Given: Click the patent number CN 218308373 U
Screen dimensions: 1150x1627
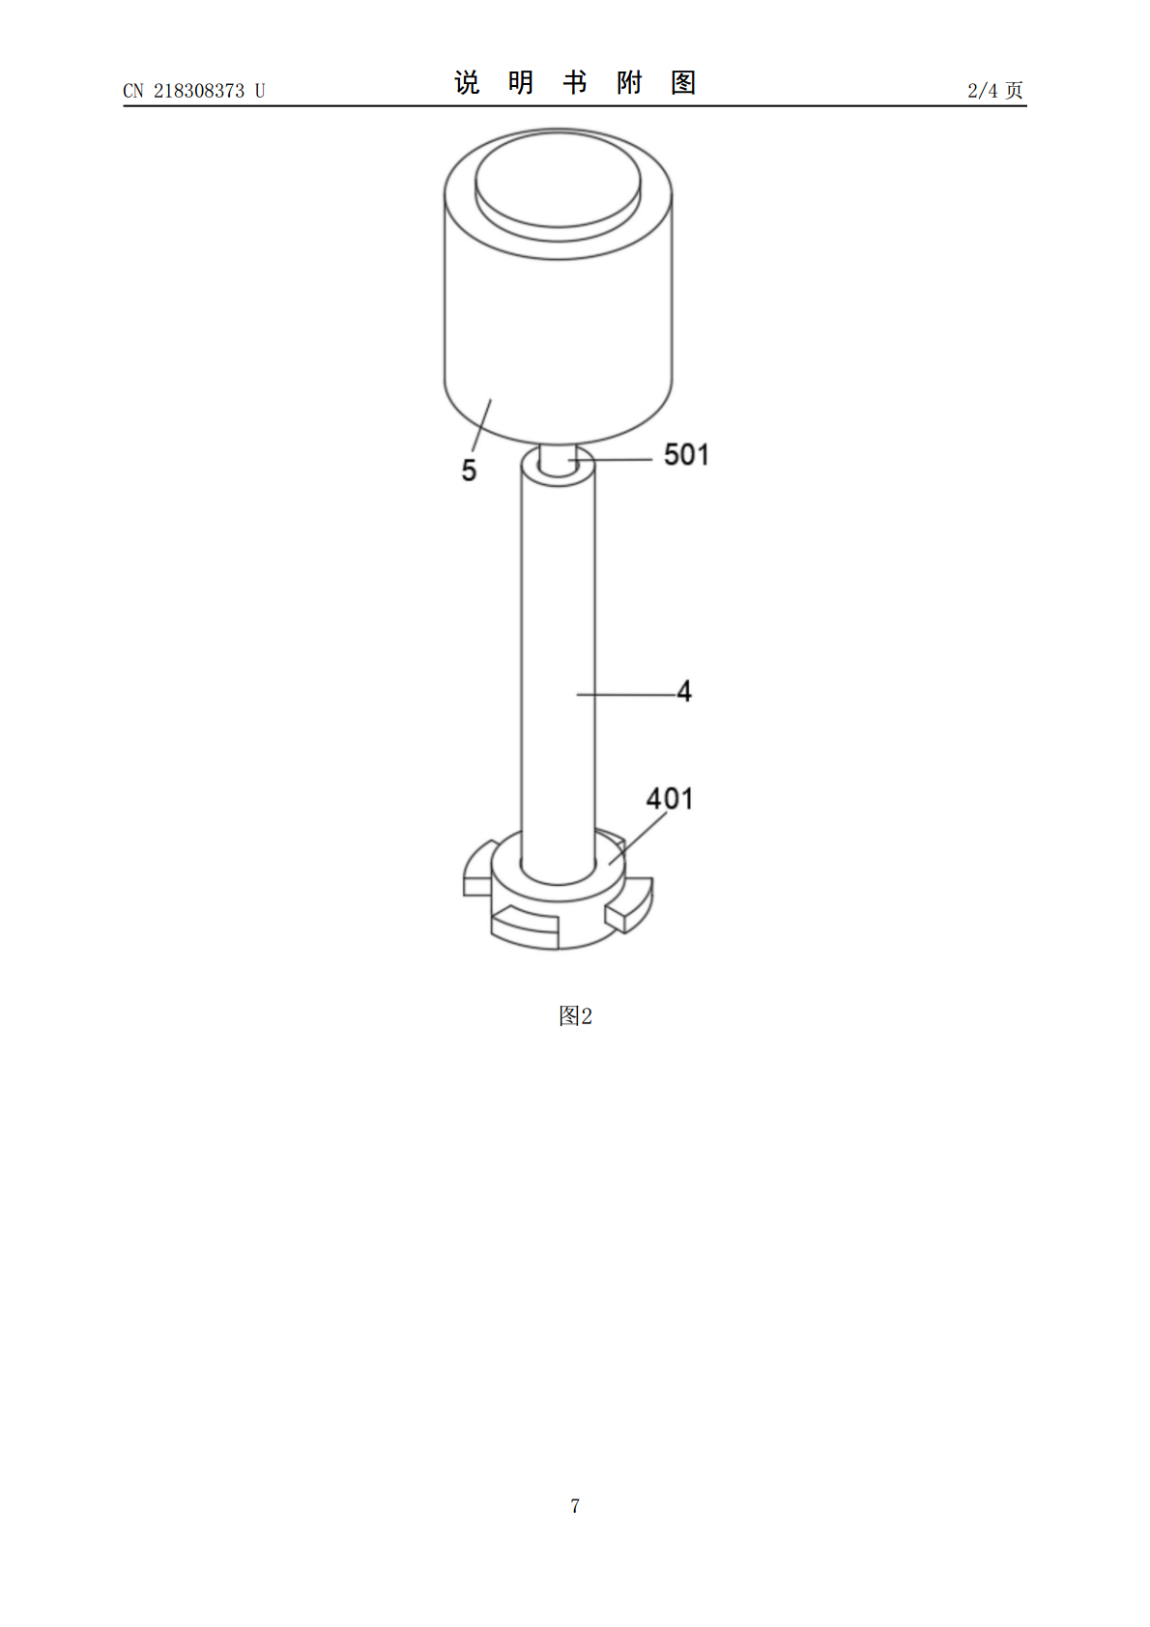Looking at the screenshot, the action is pos(193,91).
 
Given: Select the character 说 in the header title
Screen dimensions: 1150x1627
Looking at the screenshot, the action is pos(467,83).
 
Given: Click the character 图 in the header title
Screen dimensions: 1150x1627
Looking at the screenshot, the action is pos(683,83).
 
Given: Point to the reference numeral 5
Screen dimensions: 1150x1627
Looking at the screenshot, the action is pos(469,471).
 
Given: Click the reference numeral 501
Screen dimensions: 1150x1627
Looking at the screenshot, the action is pos(686,455).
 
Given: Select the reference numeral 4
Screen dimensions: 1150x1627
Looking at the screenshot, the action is pos(684,691).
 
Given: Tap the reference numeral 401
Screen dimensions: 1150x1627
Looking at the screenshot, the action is pos(669,799).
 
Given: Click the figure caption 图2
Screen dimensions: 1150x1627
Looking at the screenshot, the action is pos(575,1015).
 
